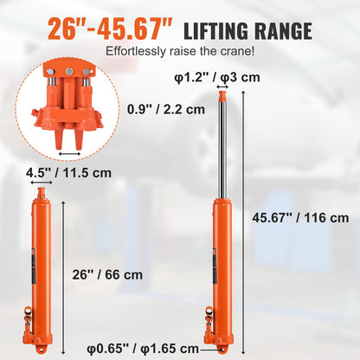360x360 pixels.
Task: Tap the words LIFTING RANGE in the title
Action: [249, 33]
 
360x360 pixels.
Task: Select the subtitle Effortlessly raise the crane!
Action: [175, 51]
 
